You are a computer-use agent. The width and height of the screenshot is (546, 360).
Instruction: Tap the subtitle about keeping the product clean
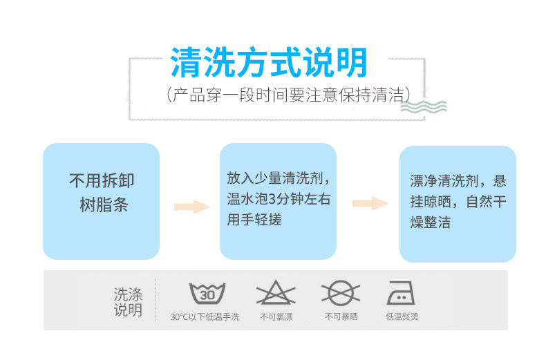point(288,95)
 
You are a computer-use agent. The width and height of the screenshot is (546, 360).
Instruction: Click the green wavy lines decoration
point(423,106)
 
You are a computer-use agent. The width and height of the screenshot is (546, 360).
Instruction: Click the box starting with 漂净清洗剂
point(458,203)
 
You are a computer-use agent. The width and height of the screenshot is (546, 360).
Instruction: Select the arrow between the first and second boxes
point(191,206)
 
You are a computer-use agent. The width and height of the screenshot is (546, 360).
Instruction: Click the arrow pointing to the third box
point(370,203)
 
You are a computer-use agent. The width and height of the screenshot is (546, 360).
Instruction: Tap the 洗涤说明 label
point(128,302)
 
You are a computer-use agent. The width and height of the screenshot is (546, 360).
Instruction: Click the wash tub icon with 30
point(207,293)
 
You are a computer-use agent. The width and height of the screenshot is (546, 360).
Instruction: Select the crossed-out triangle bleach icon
point(275,293)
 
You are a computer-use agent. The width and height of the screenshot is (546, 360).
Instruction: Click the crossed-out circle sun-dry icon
point(341,293)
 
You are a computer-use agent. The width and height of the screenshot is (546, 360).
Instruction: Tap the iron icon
point(401,293)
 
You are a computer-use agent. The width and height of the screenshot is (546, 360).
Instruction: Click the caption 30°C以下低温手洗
point(205,317)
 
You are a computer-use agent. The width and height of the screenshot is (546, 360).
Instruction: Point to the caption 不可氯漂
point(276,317)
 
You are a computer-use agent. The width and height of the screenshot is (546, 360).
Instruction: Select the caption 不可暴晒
point(341,317)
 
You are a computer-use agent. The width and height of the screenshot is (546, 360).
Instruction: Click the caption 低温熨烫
point(402,317)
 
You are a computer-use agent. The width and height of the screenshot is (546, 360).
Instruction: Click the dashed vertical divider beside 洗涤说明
point(156,301)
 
